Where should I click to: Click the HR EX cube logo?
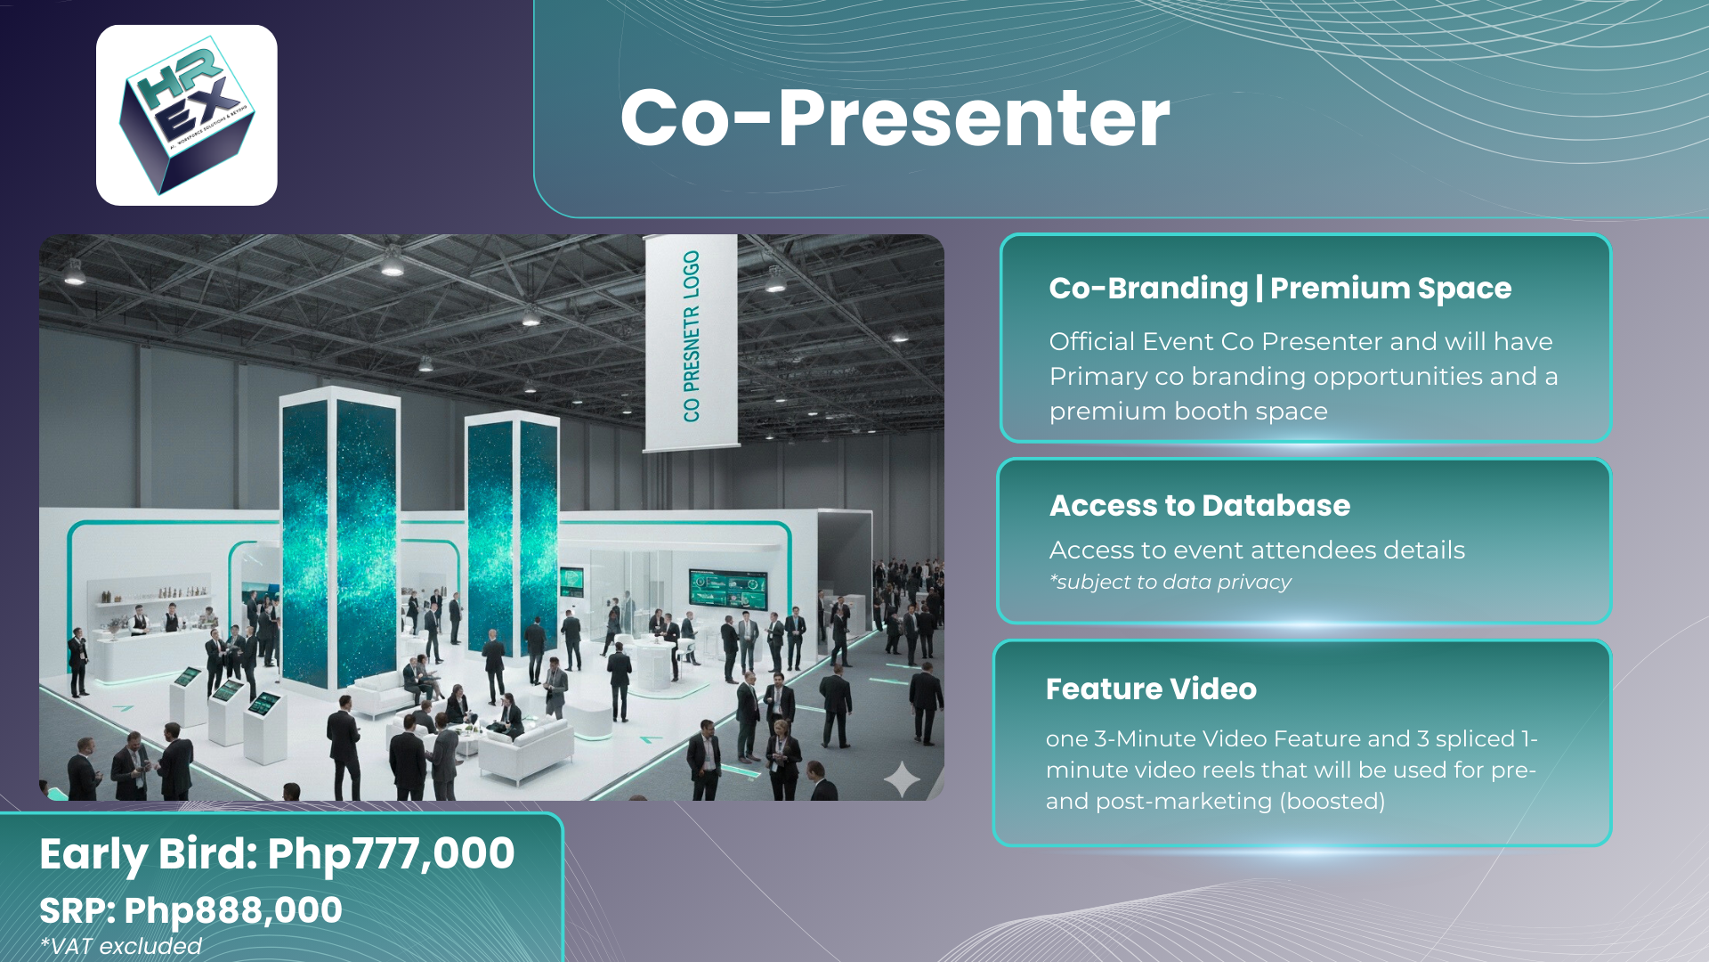pos(187,116)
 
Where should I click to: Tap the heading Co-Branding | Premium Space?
pos(1280,289)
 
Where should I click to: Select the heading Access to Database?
pos(1200,506)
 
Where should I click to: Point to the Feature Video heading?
pos(1151,689)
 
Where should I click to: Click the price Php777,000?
pos(391,853)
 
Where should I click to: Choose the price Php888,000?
pos(233,910)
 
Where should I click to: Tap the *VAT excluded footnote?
pos(121,946)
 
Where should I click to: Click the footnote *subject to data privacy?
pos(1170,583)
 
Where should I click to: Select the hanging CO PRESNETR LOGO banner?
pos(691,343)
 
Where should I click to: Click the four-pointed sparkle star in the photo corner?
pos(902,779)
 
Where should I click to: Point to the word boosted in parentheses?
pos(1332,801)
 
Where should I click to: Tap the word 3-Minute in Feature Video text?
pos(1145,738)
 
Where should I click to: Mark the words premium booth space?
pos(1188,412)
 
